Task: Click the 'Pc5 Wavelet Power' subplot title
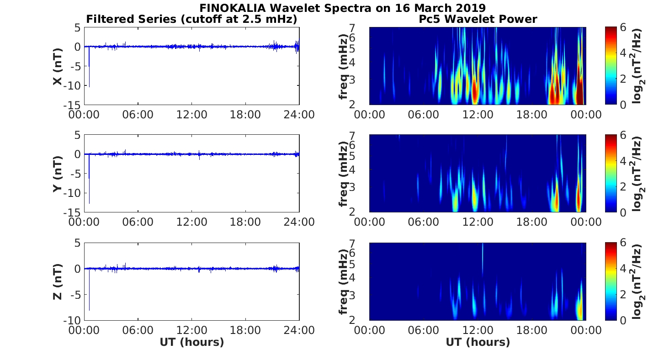tap(478, 19)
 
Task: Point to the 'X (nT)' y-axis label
tap(58, 66)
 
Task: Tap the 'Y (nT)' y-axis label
tap(58, 174)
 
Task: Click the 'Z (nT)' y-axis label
tap(58, 281)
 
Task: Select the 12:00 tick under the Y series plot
tap(191, 222)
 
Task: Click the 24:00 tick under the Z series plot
tap(299, 330)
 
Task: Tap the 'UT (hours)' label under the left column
tap(191, 342)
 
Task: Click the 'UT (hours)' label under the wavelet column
tap(478, 342)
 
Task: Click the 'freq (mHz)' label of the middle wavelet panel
tap(344, 174)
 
